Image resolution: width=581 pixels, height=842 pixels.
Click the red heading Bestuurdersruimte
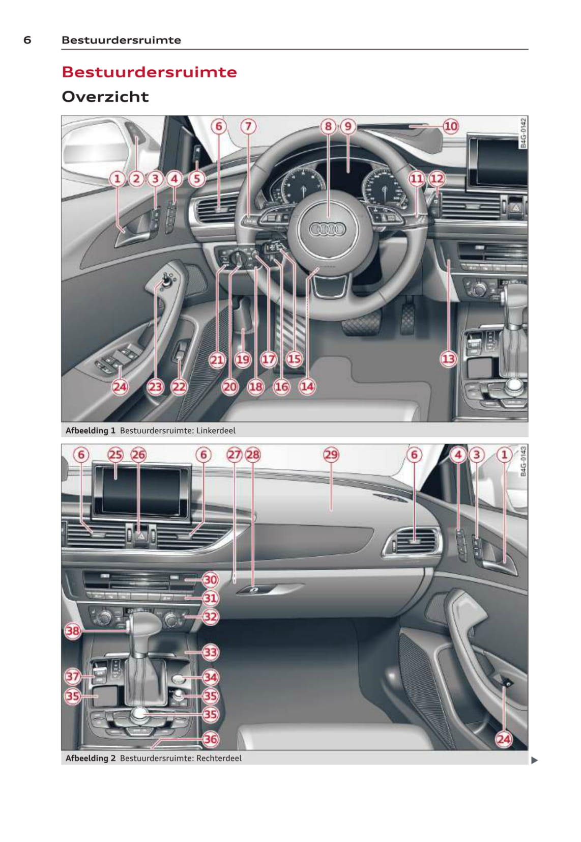pos(149,72)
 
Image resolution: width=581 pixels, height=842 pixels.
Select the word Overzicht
pos(105,97)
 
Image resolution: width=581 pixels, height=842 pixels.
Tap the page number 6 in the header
pos(27,40)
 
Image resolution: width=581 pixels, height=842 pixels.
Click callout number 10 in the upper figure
pos(451,126)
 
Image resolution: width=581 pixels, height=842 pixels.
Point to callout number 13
pos(448,359)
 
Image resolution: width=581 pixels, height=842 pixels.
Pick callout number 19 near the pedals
pos(242,360)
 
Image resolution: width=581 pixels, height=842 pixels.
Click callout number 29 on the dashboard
pos(331,455)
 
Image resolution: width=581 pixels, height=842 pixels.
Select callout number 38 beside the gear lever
pos(72,631)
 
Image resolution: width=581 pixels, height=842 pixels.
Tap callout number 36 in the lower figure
pos(210,739)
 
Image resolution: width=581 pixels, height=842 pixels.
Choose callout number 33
pos(210,652)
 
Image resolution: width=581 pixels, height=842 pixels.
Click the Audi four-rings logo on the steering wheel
pos(327,229)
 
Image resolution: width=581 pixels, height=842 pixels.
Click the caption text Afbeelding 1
pos(91,430)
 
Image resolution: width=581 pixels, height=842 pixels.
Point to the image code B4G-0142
pos(523,133)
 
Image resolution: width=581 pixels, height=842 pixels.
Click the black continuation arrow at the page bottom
pos(534,761)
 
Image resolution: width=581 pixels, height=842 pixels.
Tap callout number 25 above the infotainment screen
pos(115,455)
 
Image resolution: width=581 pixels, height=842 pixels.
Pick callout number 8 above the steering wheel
pos(328,126)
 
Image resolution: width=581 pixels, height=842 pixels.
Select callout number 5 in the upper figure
pos(197,179)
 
